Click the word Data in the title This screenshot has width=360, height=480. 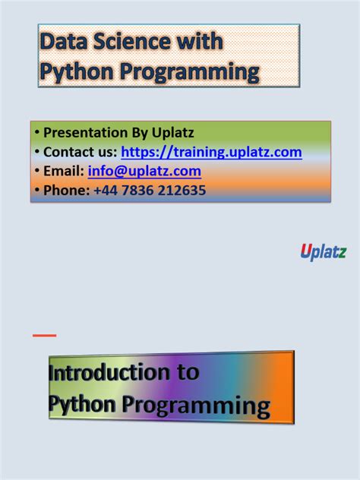tap(63, 42)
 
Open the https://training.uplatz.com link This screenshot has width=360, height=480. tap(211, 152)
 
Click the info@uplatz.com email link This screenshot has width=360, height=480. tap(144, 171)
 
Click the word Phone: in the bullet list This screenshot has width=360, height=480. tap(66, 191)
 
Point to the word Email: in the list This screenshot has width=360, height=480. tap(64, 171)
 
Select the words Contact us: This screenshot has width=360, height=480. tap(81, 152)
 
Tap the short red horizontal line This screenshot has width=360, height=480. tap(45, 335)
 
